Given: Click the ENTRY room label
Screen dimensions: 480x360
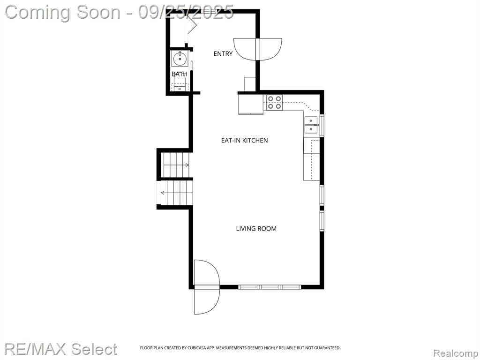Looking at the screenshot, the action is [223, 54].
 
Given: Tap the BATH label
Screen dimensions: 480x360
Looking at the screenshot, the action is [180, 74].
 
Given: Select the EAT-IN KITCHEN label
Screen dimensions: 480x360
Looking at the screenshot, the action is [244, 141].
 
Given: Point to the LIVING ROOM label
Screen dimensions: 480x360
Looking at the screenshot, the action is [256, 229].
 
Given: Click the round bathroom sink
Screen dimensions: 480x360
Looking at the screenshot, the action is [180, 59].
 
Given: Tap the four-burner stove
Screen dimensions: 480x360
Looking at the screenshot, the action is [274, 103].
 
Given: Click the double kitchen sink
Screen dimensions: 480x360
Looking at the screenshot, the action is [311, 125].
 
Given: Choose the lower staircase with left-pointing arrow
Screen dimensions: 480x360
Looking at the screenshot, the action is [176, 193].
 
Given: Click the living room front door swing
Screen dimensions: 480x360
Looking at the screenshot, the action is [207, 287].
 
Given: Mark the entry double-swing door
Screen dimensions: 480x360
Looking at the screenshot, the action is [257, 49].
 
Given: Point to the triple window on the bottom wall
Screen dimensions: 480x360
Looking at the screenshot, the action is [270, 287].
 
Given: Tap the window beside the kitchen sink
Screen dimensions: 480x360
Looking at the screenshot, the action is [322, 125].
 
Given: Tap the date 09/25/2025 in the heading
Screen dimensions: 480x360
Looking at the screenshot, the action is [186, 13].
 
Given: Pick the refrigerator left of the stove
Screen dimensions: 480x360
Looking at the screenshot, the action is [251, 104].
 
